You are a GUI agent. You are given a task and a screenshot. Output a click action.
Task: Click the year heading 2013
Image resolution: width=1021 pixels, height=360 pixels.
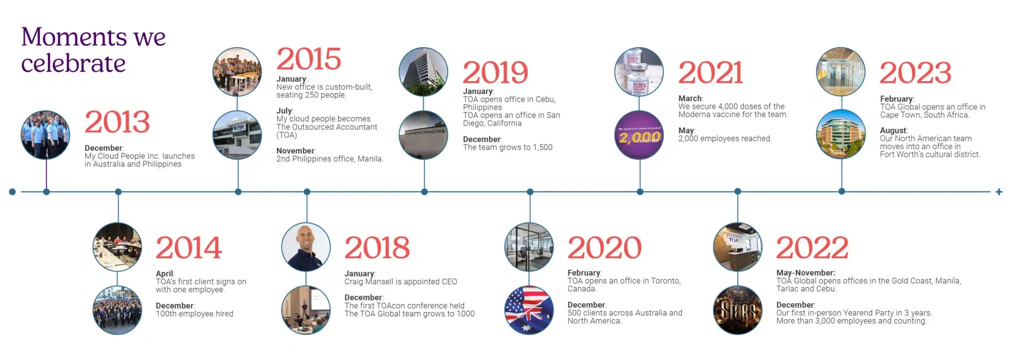tap(117, 122)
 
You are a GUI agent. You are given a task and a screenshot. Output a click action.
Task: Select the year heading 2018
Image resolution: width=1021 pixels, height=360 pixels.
tap(377, 248)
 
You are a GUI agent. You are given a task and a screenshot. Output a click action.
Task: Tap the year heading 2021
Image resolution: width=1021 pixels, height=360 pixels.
tap(710, 73)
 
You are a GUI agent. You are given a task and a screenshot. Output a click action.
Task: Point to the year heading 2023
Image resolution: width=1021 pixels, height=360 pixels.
tap(915, 73)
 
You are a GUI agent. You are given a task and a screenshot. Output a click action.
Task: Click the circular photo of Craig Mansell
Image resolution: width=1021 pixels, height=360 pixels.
tap(306, 247)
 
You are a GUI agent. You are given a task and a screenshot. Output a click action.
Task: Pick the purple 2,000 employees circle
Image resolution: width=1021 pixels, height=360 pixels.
tap(639, 135)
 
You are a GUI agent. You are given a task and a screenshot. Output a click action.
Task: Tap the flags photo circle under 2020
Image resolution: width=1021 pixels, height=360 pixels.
tap(529, 310)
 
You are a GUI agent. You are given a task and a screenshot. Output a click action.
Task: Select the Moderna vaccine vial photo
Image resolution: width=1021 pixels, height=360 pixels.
tap(639, 72)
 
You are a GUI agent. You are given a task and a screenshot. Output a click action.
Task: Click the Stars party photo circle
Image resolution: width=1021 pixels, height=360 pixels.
tap(738, 310)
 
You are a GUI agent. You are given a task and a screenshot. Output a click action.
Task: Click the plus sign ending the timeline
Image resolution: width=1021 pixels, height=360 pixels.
tap(999, 192)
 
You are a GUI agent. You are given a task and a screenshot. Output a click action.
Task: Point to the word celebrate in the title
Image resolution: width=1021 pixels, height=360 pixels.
tap(73, 64)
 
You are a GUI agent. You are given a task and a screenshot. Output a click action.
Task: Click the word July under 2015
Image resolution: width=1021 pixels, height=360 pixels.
tap(284, 111)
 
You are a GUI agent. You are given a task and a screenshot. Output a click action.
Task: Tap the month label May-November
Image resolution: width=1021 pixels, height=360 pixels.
tap(806, 273)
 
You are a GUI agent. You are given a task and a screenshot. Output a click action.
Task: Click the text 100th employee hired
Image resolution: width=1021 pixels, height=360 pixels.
tap(194, 314)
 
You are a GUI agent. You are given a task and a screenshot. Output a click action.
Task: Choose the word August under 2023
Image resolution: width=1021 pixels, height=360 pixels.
tap(893, 131)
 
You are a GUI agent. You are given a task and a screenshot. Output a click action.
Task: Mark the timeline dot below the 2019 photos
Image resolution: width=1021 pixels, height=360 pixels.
tap(424, 192)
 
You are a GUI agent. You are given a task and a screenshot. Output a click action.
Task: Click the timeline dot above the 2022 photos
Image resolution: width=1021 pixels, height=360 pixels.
tap(738, 191)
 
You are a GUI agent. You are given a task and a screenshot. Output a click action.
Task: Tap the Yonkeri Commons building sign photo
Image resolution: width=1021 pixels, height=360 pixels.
tap(423, 135)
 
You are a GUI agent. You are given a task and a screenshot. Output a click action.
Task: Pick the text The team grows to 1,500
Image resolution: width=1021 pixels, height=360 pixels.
tap(508, 147)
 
